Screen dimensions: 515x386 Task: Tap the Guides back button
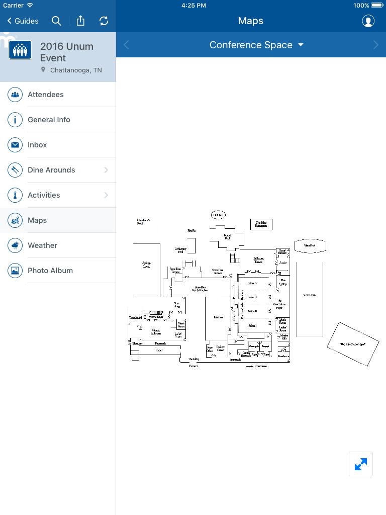click(x=23, y=21)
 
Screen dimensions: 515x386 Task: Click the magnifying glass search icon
click(x=56, y=21)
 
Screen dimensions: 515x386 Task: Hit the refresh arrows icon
click(x=104, y=21)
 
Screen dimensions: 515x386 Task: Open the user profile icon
click(x=368, y=21)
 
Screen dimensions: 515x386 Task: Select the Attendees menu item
click(x=46, y=95)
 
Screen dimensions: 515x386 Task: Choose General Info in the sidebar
click(x=49, y=120)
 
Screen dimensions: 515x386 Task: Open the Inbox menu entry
click(x=37, y=145)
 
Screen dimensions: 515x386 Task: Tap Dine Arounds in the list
click(x=51, y=170)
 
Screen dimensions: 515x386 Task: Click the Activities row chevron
click(x=106, y=195)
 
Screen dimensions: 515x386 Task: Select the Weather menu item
click(x=42, y=245)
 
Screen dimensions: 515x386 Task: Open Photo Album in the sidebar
click(x=50, y=271)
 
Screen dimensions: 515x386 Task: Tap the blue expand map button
click(x=361, y=464)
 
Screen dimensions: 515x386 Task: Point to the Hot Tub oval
click(x=218, y=215)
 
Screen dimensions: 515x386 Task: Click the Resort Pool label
click(x=227, y=236)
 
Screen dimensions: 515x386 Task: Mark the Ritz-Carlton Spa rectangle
click(x=352, y=345)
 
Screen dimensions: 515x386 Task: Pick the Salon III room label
click(x=252, y=297)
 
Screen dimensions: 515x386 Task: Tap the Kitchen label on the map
click(x=218, y=317)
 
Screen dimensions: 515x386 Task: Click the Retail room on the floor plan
click(x=159, y=350)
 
